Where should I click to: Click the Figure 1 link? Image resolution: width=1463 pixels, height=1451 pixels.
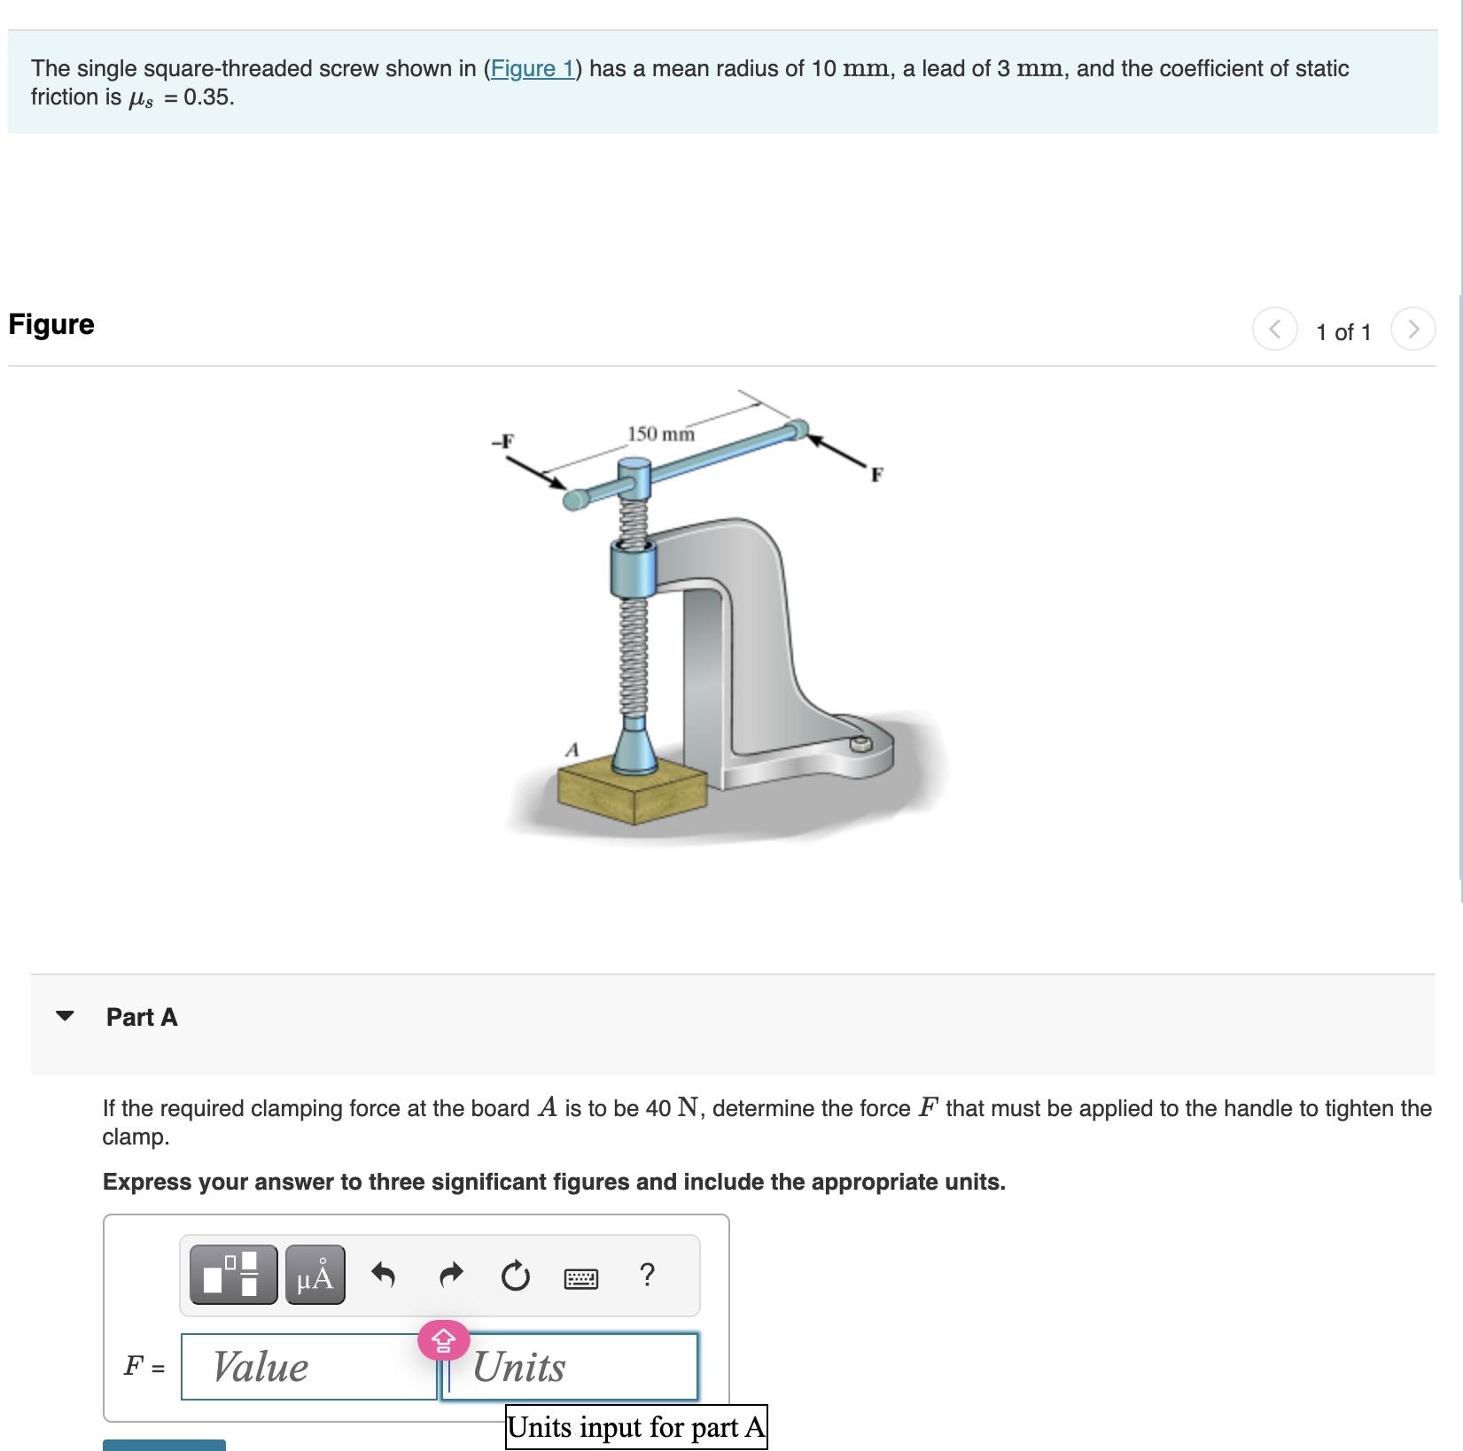533,68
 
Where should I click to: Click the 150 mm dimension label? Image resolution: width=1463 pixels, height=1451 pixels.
661,434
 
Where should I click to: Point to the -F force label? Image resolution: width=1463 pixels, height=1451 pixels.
502,440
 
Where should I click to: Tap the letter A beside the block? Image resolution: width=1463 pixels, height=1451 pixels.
572,750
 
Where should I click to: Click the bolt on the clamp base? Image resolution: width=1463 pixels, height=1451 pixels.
859,743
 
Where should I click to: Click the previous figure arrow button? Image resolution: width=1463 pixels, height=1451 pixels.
1274,330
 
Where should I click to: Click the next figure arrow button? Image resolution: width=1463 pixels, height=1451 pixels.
1412,330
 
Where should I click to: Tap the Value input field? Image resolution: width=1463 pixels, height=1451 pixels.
308,1367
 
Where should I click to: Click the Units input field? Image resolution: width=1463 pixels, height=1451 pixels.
570,1367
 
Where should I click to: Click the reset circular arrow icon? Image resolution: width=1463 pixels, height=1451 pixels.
516,1276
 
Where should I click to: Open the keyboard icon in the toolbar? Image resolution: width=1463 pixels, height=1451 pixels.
581,1278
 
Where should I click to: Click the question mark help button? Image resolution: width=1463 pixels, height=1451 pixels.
648,1275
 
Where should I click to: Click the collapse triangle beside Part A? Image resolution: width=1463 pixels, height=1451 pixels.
65,1016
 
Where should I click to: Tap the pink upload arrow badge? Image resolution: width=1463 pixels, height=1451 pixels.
443,1340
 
